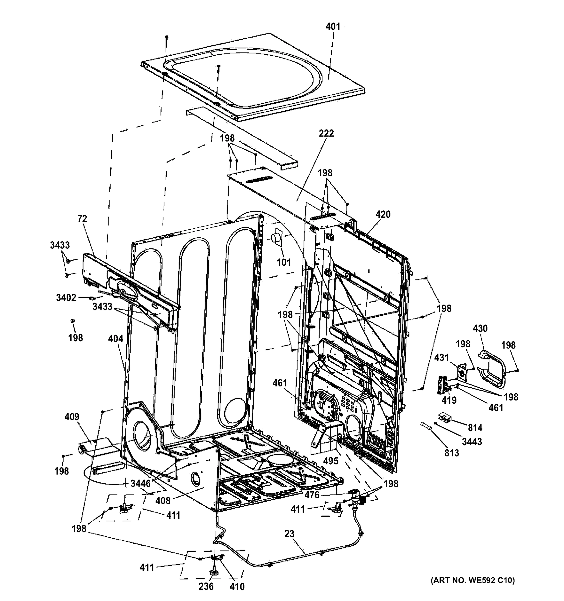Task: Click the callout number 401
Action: tap(333, 27)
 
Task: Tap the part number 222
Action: tap(326, 133)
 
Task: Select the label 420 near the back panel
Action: tap(383, 215)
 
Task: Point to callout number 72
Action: tap(82, 219)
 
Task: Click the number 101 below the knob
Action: tap(284, 262)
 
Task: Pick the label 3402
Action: tap(66, 298)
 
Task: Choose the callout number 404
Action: tap(116, 339)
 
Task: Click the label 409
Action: tap(72, 417)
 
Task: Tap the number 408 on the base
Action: tap(163, 501)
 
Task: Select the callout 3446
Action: tap(140, 483)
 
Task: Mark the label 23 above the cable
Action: tap(289, 534)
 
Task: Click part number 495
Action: tap(331, 461)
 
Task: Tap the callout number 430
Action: tap(480, 328)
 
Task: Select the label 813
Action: tap(451, 453)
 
